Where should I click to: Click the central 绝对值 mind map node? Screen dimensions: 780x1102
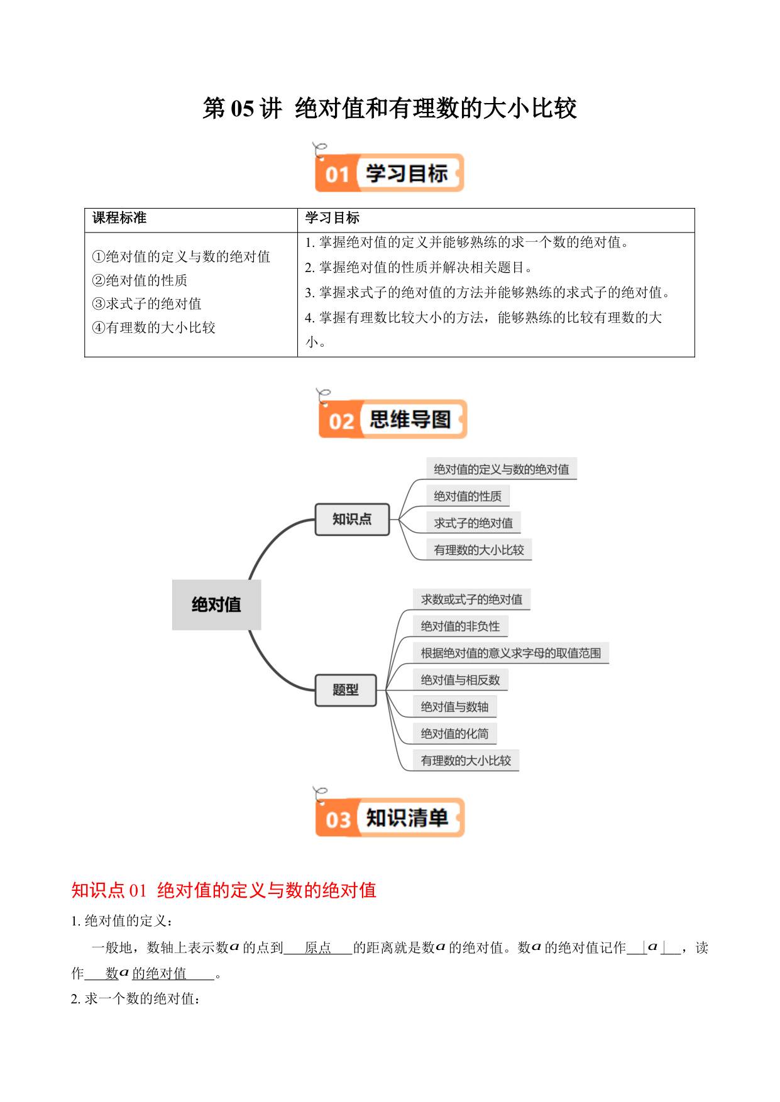[216, 604]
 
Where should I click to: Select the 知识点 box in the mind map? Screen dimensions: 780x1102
[352, 519]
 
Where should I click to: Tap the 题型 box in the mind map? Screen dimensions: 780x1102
[346, 690]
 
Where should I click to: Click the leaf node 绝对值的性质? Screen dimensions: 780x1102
[468, 496]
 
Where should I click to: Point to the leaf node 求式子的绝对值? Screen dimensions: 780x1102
[473, 523]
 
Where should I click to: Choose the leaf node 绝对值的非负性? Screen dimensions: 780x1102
[460, 626]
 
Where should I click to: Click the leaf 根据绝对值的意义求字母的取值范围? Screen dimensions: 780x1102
[511, 653]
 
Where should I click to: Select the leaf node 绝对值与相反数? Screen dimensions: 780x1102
[460, 680]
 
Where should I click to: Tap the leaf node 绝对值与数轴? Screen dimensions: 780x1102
[454, 707]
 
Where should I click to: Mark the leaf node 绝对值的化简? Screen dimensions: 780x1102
[454, 734]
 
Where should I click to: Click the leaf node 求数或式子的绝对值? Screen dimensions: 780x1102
[471, 599]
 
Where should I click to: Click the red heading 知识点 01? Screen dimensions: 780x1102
[109, 890]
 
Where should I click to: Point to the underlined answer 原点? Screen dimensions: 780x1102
[318, 947]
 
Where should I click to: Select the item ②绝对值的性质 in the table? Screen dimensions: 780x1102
[140, 280]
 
